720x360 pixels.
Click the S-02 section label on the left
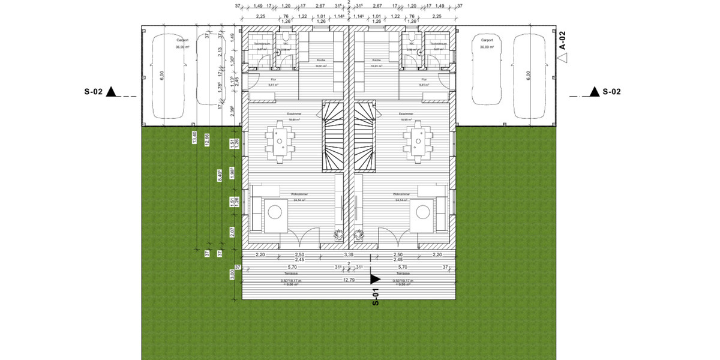point(93,92)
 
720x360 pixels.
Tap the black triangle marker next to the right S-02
point(594,92)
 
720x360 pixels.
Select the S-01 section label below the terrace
point(376,298)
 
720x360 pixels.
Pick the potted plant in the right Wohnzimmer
point(359,235)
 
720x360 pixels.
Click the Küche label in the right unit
point(376,61)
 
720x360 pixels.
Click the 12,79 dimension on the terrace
point(349,279)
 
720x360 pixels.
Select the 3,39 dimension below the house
point(349,255)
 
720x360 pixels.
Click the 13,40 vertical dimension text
point(194,138)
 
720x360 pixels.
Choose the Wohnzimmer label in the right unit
point(401,194)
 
